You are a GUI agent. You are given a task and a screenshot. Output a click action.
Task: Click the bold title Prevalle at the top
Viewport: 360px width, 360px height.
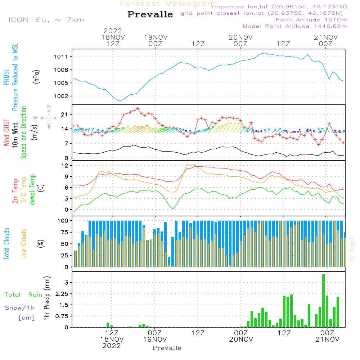(150, 15)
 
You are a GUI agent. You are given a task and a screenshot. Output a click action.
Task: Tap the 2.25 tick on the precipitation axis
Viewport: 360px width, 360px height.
(62, 294)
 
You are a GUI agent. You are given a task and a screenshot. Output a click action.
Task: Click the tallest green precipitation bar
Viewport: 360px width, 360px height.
(323, 301)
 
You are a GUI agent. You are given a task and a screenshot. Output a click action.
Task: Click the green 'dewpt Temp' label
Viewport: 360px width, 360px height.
(32, 189)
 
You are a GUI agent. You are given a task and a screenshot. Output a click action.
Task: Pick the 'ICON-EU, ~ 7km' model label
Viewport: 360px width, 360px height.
(46, 19)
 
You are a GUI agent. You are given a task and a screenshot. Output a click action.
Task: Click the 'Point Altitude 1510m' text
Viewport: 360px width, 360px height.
(311, 19)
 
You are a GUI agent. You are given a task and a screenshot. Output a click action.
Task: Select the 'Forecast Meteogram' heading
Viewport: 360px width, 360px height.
(168, 4)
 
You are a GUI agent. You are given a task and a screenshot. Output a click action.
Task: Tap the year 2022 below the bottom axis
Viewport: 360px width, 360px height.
(112, 346)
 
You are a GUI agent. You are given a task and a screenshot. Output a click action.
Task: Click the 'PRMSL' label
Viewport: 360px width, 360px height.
(6, 77)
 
